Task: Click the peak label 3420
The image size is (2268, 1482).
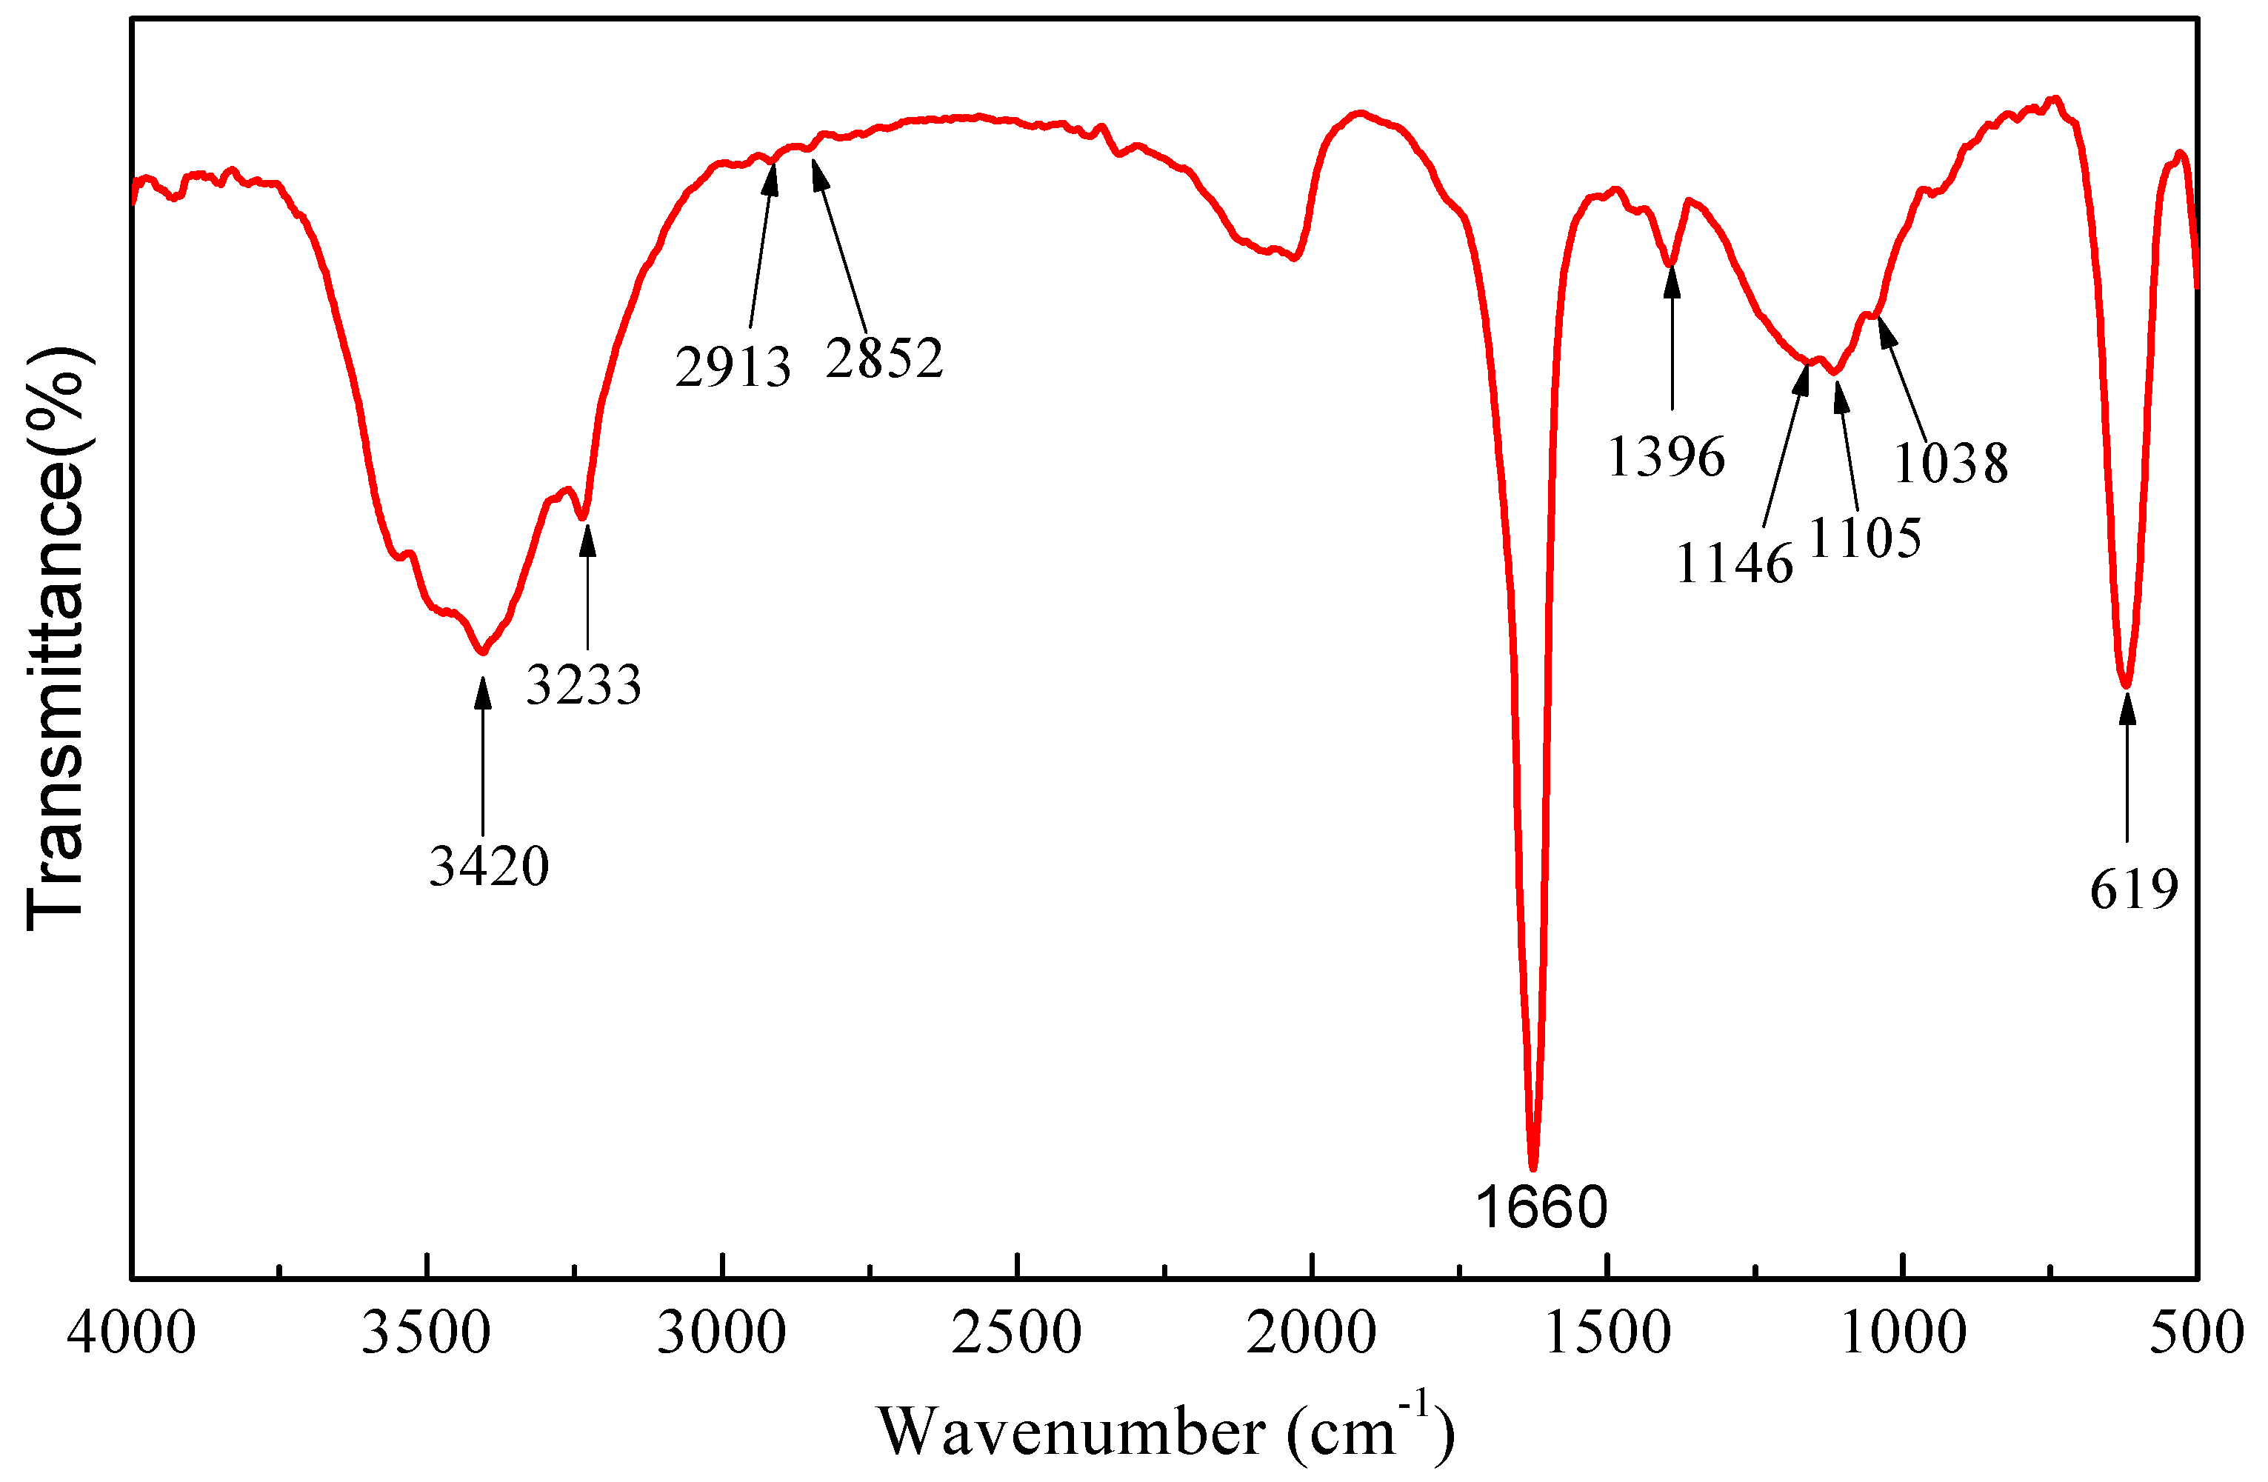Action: click(489, 867)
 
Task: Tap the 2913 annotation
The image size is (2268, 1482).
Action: click(733, 367)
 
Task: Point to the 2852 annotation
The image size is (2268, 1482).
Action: click(884, 358)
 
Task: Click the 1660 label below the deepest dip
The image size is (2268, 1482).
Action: click(1541, 1206)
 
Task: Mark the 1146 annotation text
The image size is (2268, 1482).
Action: click(1735, 564)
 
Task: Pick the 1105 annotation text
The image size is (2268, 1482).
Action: click(1865, 538)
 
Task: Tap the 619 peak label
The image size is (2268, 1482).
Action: click(2135, 890)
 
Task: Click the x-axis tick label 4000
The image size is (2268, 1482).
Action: click(132, 1332)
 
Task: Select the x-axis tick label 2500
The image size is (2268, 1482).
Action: click(1017, 1332)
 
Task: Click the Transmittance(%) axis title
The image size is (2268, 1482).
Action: click(56, 638)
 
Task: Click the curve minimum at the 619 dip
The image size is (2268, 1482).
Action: click(2125, 685)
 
